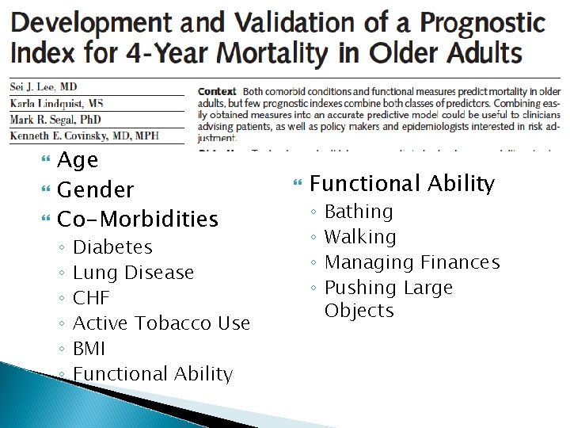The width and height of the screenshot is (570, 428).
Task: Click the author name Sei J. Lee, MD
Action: point(44,87)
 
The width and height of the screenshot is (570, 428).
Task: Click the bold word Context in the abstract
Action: point(217,92)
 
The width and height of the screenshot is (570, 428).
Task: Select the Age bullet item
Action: point(78,160)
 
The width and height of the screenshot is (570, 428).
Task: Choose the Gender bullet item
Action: point(96,189)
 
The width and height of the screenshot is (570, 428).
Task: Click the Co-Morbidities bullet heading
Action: point(138,218)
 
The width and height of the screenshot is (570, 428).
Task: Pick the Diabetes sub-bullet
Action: point(112,247)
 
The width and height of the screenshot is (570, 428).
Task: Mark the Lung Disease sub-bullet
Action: point(133,273)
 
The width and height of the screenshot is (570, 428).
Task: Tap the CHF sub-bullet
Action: point(91,298)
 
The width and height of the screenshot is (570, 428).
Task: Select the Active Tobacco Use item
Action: point(161,323)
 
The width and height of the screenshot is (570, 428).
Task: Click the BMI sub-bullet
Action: point(89,349)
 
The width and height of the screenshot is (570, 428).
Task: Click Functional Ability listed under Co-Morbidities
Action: point(152,374)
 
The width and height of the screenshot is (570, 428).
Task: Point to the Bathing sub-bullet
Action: point(359,212)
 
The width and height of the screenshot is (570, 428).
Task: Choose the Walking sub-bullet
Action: point(360,237)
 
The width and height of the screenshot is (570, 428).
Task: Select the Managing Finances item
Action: point(412,262)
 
